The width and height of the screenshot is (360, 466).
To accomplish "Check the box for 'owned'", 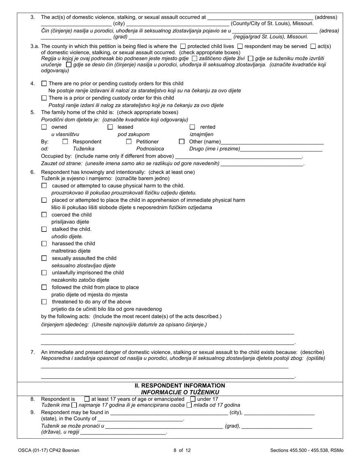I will [x=44, y=127].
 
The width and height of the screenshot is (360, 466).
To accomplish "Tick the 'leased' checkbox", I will [x=110, y=127].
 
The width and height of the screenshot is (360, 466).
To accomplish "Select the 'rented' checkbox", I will [x=193, y=127].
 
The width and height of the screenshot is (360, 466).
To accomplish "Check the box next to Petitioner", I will [x=128, y=141].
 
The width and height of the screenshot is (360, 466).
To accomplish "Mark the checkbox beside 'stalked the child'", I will [x=44, y=229].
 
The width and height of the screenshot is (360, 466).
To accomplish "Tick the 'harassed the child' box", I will [x=44, y=244].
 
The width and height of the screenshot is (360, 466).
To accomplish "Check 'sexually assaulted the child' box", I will [x=44, y=258].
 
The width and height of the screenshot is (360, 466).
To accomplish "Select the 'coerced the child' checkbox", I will [x=44, y=215].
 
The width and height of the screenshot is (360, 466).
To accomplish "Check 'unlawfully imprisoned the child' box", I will [x=44, y=273].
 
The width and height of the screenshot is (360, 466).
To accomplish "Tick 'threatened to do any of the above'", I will [x=44, y=302].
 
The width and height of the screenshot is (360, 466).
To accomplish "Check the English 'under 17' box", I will [x=193, y=399].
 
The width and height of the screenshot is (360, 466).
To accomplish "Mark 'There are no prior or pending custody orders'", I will [x=44, y=83].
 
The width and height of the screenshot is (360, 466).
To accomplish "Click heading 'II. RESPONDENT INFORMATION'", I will [x=180, y=385].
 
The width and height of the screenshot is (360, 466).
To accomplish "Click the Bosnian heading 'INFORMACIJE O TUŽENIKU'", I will [x=180, y=392].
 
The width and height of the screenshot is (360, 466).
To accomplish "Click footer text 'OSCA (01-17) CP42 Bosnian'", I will [x=49, y=450].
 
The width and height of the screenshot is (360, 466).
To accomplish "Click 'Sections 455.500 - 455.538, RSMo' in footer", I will [x=307, y=450].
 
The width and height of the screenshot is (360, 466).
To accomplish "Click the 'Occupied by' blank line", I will [x=239, y=156].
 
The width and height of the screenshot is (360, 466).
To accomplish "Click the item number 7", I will [x=33, y=352].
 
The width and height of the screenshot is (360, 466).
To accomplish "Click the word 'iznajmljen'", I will [x=201, y=134].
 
